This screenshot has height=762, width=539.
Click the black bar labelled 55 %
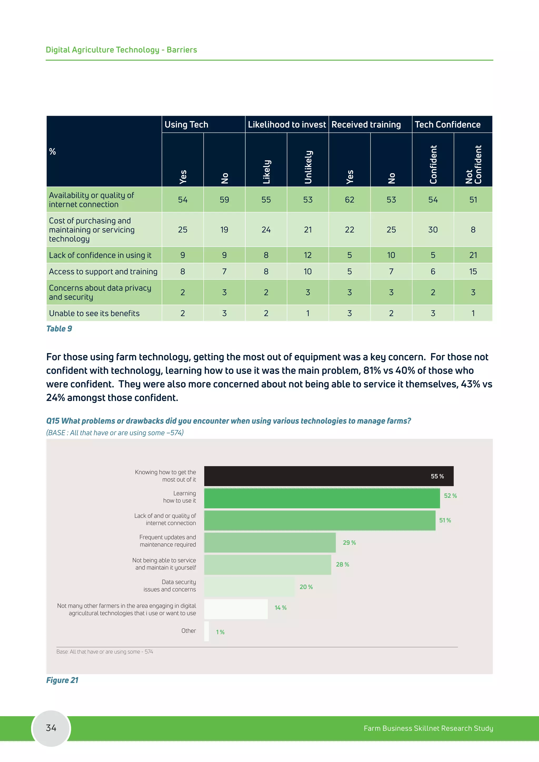coord(328,476)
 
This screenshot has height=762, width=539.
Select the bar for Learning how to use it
coord(322,498)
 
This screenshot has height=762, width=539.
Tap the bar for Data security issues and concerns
coord(249,587)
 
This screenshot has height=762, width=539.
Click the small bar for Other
coord(206,631)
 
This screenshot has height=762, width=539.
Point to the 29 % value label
coord(349,543)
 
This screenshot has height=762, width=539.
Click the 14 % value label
coord(281,608)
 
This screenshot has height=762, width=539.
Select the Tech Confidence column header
coord(447,124)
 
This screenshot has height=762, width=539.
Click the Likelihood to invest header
coord(287,124)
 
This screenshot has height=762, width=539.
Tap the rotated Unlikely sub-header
coord(308,167)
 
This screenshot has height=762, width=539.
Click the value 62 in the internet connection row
coord(350,200)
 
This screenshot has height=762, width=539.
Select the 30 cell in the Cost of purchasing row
coord(433,230)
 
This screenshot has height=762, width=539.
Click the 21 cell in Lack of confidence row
coord(473,255)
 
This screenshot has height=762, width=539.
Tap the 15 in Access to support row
coord(473,272)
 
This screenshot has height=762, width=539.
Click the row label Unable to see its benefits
coord(94,313)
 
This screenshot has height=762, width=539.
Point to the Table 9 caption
coord(59,329)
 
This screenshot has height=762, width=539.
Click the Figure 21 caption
coord(62,680)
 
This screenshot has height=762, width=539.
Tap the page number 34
coord(51,728)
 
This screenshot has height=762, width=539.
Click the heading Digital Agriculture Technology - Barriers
coord(121,50)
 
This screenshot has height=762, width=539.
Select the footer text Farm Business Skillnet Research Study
coord(428,728)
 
